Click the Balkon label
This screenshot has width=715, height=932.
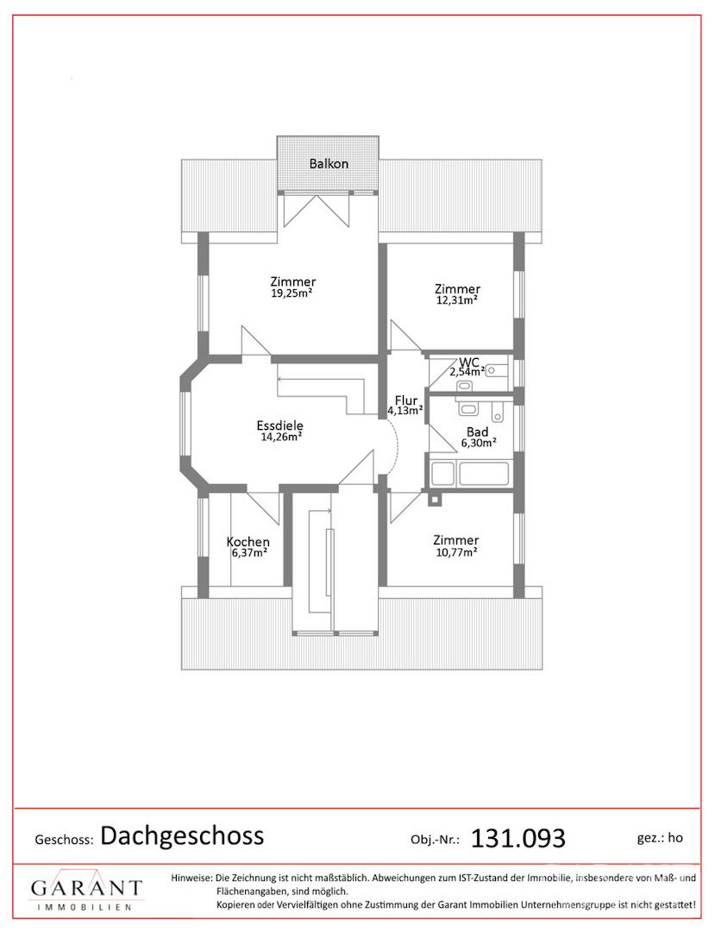coord(329,163)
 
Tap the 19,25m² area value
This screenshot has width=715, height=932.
coord(292,293)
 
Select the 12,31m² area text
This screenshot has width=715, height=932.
coord(457,300)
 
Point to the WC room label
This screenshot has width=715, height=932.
coord(468,362)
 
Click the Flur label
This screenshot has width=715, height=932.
coord(406,400)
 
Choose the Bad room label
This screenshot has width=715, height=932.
coord(478,432)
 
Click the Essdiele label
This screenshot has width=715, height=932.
coord(279,425)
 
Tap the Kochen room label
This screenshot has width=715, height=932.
coord(248,542)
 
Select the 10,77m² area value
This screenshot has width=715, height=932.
coord(455,551)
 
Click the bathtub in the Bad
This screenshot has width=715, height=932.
coord(469,474)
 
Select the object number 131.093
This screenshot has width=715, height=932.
coord(517,839)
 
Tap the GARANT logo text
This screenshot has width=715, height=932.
coord(87,888)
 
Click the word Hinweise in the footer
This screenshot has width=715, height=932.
coord(191,878)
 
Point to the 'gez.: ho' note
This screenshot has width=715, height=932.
coord(660,838)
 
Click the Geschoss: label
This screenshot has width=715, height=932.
coord(64,840)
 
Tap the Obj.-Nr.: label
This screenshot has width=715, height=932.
coord(436,840)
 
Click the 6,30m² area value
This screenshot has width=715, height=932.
coord(479,443)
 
